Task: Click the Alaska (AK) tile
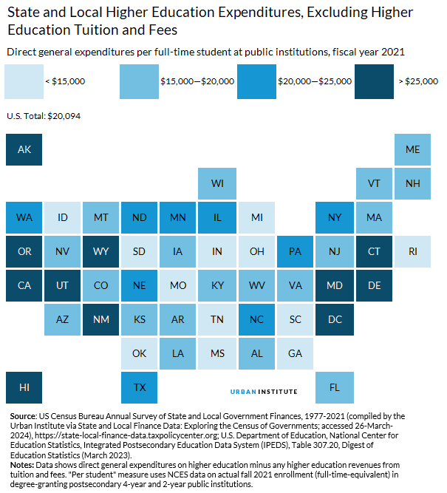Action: point(24,149)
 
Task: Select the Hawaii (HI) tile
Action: point(24,387)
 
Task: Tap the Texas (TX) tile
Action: point(140,387)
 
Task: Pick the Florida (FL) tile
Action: point(335,387)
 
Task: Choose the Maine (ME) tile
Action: point(413,149)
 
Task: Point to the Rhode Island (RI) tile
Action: point(413,251)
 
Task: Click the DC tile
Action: point(335,319)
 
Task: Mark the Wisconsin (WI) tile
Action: point(217,183)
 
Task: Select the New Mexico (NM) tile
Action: point(101,319)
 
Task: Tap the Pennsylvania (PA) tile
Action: point(296,251)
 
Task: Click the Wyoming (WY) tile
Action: point(101,251)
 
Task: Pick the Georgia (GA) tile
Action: point(296,353)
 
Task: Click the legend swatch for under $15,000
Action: point(24,81)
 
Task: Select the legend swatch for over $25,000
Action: point(374,81)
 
